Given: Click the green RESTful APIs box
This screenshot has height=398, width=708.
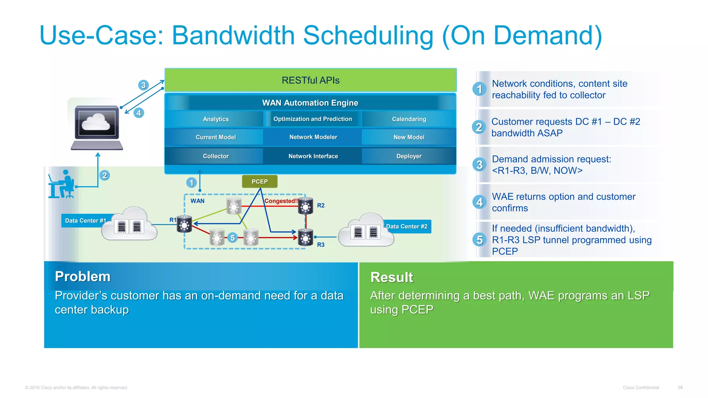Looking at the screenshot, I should [310, 80].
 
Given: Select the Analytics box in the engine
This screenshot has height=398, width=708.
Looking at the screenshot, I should [216, 119].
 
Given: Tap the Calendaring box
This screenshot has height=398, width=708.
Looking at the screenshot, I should [409, 119].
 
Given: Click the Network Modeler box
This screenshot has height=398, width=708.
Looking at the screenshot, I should [313, 137].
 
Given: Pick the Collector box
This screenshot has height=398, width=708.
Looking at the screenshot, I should [216, 156].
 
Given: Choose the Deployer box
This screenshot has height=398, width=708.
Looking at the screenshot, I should [409, 156].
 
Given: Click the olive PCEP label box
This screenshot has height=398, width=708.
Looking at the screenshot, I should [260, 181].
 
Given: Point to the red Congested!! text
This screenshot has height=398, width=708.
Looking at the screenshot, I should [281, 201].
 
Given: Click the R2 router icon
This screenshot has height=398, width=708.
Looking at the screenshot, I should [306, 206].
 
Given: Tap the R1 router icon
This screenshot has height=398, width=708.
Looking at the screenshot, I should [184, 225].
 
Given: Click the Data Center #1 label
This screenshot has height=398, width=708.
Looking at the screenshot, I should [85, 220].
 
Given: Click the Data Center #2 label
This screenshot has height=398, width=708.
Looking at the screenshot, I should [407, 227].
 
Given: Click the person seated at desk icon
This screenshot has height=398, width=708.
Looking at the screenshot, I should [62, 184].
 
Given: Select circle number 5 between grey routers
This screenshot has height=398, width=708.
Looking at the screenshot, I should [233, 238].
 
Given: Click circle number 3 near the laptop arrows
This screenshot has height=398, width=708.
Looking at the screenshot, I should [143, 85].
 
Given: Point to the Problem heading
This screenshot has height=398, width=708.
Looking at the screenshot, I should [83, 276].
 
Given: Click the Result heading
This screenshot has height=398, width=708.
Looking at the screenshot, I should [392, 277].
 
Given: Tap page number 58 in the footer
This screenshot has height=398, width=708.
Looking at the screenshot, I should [680, 387].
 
